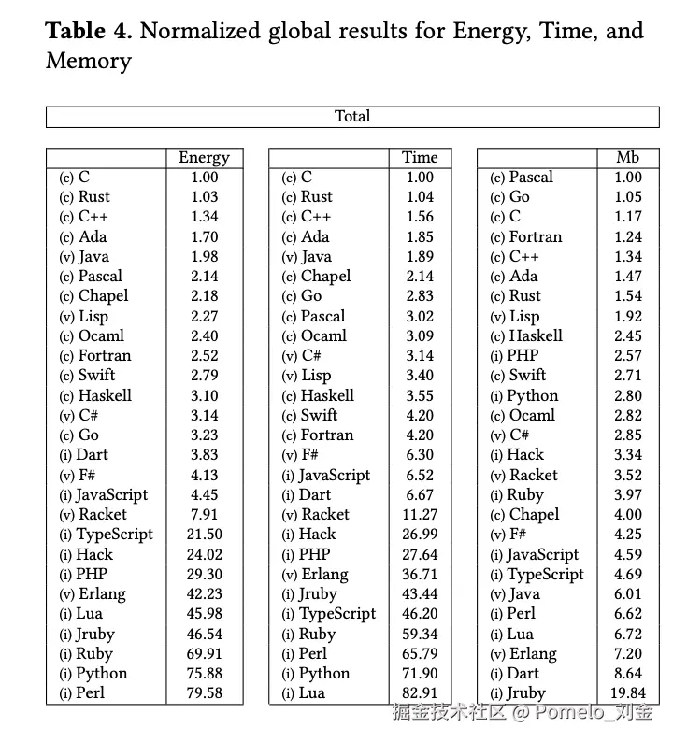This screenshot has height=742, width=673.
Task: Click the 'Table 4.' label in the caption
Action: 89,31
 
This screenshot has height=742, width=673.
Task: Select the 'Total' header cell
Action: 352,117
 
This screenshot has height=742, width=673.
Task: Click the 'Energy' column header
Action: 204,157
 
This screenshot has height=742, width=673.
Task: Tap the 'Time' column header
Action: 420,157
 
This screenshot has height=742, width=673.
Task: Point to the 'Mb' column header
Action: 628,157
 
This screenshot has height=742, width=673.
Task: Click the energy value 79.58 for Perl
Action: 204,693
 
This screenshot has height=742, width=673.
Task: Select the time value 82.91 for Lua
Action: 420,693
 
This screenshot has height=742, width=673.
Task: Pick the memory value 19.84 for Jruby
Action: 628,693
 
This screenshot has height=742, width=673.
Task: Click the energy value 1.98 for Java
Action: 204,257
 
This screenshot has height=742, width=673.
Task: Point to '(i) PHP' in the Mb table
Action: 514,356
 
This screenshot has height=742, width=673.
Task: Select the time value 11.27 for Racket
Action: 420,515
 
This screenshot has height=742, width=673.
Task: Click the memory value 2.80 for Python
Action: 628,396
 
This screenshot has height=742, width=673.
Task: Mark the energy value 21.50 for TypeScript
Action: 204,535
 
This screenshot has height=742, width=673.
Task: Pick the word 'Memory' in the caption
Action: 89,63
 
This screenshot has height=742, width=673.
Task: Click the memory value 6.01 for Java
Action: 628,594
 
